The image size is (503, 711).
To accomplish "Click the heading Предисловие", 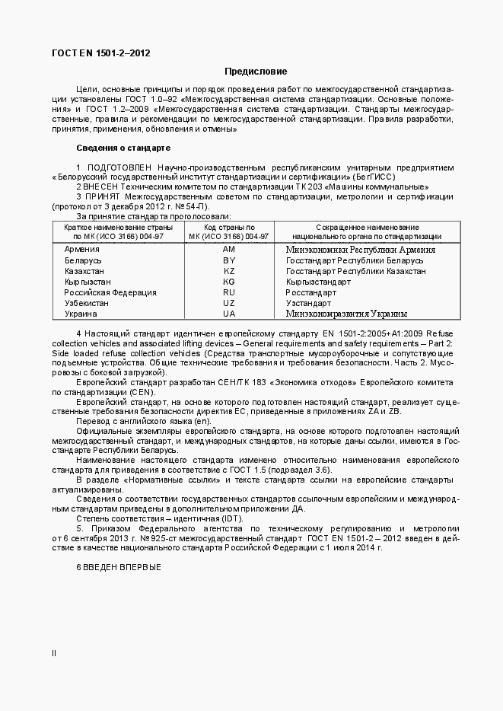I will (x=256, y=72).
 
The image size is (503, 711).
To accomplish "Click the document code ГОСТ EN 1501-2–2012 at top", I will (x=100, y=53).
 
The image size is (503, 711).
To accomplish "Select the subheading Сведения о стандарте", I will (x=123, y=147).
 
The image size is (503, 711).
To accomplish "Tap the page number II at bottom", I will (x=53, y=653).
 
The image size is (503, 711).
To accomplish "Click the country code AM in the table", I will (x=229, y=250).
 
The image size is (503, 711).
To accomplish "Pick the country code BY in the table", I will (x=229, y=260).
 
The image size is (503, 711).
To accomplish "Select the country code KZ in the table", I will (x=229, y=271).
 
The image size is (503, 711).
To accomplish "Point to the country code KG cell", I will (x=229, y=282).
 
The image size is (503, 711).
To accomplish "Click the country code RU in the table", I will (x=229, y=292).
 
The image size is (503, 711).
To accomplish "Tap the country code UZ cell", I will (x=229, y=303).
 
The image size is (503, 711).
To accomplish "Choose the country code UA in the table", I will (x=229, y=314).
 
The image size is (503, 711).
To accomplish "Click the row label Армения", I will (x=81, y=250).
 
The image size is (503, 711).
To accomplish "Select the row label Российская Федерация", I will (x=110, y=292).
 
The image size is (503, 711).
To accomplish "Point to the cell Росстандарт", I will (x=310, y=292).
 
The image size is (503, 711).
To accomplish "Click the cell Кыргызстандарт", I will (x=318, y=282).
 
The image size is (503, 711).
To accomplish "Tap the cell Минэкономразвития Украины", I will (x=346, y=314).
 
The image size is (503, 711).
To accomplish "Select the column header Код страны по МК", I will (x=229, y=231).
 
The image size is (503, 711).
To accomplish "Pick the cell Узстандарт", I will (x=308, y=303).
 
